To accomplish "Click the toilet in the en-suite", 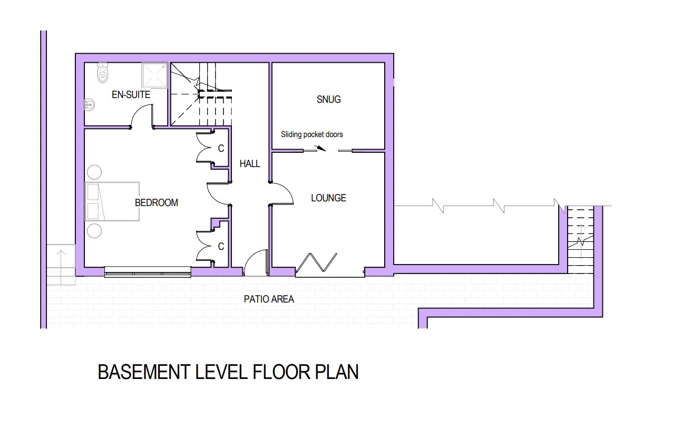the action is tap(103, 72).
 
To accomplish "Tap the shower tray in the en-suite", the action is tap(154, 75).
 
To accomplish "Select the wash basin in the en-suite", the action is tap(89, 105).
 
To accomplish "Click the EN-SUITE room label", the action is tap(131, 95).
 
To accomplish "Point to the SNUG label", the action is tap(328, 99).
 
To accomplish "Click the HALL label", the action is tap(250, 164).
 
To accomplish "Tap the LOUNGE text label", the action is tap(328, 198).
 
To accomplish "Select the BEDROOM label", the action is tap(156, 203).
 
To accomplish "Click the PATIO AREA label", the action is tap(269, 299).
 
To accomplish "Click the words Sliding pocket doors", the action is tap(312, 134).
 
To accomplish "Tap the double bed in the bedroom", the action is tap(112, 201).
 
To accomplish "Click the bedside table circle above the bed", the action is tap(94, 172).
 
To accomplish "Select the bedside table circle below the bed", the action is tap(94, 231).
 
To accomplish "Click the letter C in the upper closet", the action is tap(221, 149).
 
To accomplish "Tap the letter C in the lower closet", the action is tap(221, 246).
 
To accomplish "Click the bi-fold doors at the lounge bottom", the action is tap(317, 262).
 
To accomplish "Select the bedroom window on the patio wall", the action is tap(148, 272).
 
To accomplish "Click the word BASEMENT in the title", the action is tap(144, 372).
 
